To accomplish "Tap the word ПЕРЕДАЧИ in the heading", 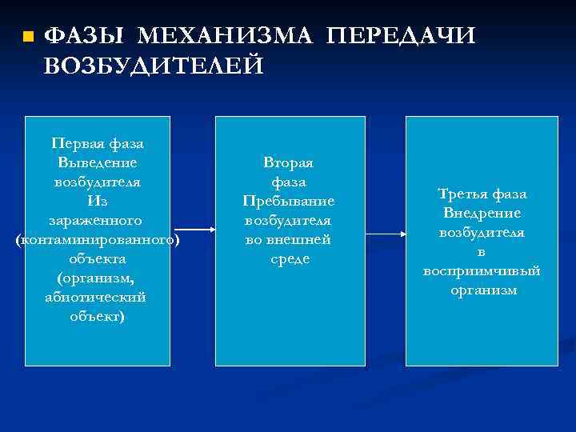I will (402, 36).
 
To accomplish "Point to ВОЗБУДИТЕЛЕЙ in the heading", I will (154, 66).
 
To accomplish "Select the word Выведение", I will (97, 162).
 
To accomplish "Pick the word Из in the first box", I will (97, 201).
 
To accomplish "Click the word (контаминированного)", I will (97, 239).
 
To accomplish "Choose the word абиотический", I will (97, 297).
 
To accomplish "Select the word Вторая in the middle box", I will (289, 162).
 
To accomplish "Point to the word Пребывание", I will (289, 201).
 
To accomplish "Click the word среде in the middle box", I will (289, 258).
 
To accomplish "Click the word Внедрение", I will (482, 214).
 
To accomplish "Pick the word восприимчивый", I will (482, 271).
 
